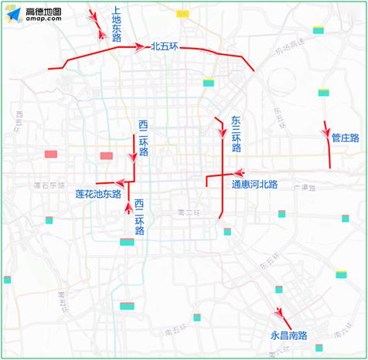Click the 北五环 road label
pos(165,47)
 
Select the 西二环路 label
pos(143,138)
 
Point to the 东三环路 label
pos(236,134)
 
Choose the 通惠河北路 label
pos(254,185)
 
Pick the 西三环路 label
pos(139,217)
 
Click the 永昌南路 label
pos(288,336)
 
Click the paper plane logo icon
pos(14,14)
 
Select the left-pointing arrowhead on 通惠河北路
pos(240,174)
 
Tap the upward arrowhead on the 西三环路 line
pos(128,207)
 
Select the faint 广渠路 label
pos(306,188)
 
